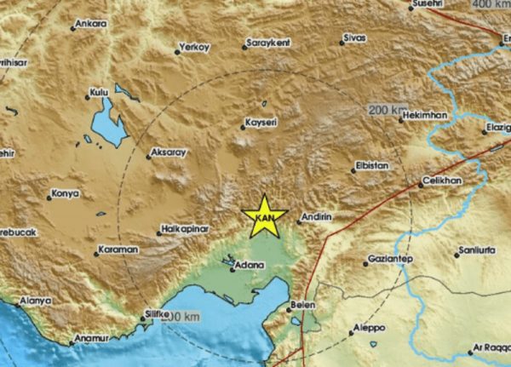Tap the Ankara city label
[x=90, y=25]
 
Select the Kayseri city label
[x=260, y=123]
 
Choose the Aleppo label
[x=369, y=328]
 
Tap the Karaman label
[x=118, y=249]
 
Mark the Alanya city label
[x=35, y=301]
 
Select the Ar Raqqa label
[x=490, y=350]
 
